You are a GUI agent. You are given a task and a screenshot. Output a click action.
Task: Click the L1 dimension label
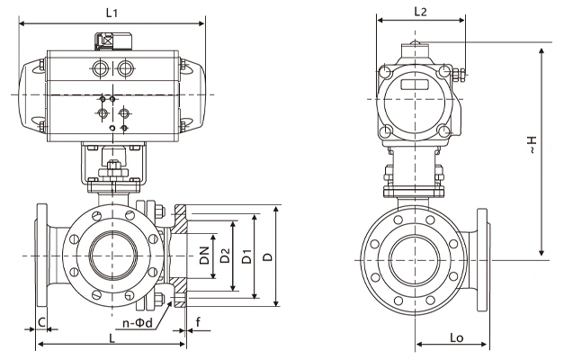click(112, 13)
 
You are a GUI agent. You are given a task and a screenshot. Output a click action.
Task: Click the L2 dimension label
click(420, 12)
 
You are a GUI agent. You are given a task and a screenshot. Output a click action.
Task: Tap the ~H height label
click(532, 145)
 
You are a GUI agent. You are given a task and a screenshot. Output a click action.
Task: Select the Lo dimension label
click(457, 337)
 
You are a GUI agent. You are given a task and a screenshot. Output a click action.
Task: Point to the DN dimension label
click(204, 256)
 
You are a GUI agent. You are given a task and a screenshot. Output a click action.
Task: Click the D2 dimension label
click(225, 256)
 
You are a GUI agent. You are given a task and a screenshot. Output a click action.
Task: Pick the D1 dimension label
click(246, 256)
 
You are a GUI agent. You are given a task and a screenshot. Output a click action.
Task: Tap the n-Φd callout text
click(138, 323)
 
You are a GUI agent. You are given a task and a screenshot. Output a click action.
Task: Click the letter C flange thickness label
click(41, 322)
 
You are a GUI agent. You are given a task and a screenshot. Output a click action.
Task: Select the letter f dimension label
click(198, 321)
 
